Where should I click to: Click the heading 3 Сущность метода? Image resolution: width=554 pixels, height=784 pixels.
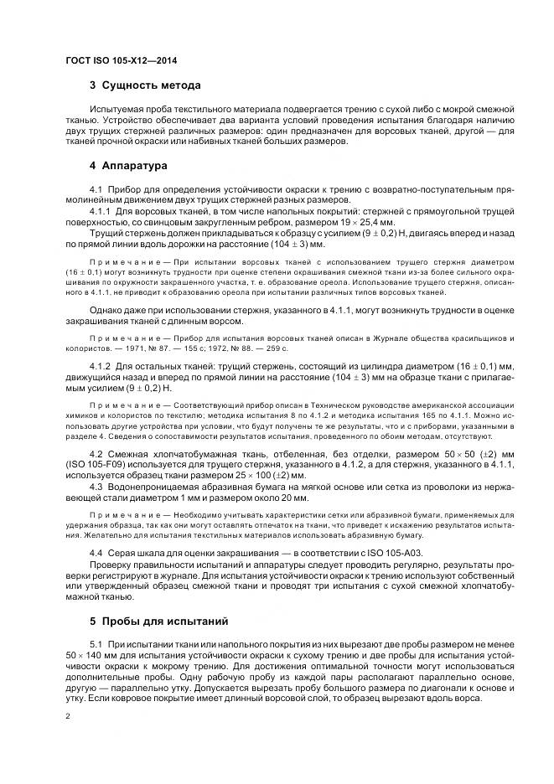pos(144,85)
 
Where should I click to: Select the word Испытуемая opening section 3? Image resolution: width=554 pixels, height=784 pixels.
pos(117,110)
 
